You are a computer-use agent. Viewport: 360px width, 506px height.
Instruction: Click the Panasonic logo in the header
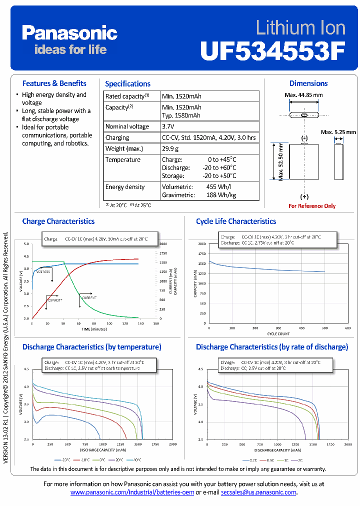(69, 33)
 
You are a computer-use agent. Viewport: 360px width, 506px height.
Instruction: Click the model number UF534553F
(273, 50)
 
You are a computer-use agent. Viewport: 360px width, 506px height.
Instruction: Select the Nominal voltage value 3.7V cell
(170, 126)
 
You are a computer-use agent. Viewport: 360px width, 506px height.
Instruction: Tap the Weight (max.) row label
(124, 148)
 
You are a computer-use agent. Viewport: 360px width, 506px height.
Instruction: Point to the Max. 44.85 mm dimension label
(303, 95)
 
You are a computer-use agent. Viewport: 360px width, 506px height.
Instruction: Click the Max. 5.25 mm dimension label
(338, 132)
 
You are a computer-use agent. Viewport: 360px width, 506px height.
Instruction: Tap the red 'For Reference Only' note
(312, 206)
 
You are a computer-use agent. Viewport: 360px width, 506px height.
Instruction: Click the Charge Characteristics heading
(58, 221)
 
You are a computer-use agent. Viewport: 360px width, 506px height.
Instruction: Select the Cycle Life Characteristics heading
(236, 221)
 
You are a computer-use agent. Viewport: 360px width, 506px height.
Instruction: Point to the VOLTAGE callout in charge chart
(43, 271)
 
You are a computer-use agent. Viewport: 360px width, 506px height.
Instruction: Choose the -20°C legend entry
(64, 459)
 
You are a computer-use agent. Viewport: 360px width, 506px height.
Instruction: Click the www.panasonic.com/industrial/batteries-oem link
(132, 492)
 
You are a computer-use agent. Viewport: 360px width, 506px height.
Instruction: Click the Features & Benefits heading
(54, 83)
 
